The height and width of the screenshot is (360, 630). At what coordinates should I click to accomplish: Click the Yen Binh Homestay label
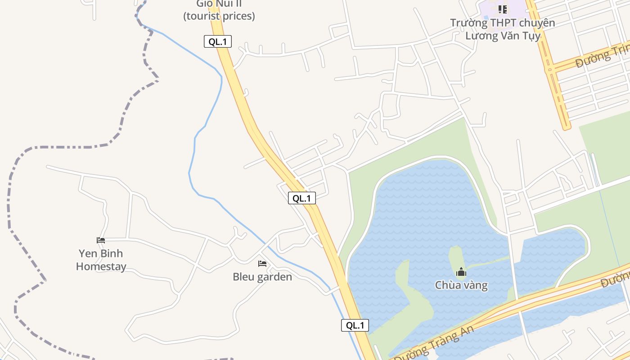click(x=101, y=260)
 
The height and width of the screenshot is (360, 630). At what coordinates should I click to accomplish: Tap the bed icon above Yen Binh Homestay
click(x=101, y=240)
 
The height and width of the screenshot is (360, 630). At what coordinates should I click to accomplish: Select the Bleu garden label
click(x=262, y=277)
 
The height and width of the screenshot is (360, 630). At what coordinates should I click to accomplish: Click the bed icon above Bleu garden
click(x=262, y=264)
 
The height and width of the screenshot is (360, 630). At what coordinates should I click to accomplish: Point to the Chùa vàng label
click(x=461, y=285)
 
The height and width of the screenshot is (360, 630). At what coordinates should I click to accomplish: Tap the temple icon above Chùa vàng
click(x=461, y=272)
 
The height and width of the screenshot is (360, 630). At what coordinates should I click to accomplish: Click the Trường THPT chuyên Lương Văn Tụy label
click(x=503, y=29)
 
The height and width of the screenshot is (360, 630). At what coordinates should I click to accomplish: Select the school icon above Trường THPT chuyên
click(x=503, y=9)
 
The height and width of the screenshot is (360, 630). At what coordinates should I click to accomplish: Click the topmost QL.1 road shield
click(x=218, y=42)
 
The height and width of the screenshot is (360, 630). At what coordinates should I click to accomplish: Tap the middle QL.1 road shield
click(x=302, y=198)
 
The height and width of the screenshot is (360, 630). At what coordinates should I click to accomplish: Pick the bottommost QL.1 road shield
click(x=355, y=325)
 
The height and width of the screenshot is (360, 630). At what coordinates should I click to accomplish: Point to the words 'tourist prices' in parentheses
click(x=219, y=16)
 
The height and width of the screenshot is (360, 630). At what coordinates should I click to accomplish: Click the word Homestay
click(x=101, y=266)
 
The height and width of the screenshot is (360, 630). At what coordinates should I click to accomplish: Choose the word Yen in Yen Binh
click(x=88, y=253)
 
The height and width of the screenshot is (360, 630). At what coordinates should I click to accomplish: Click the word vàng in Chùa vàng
click(x=474, y=285)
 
